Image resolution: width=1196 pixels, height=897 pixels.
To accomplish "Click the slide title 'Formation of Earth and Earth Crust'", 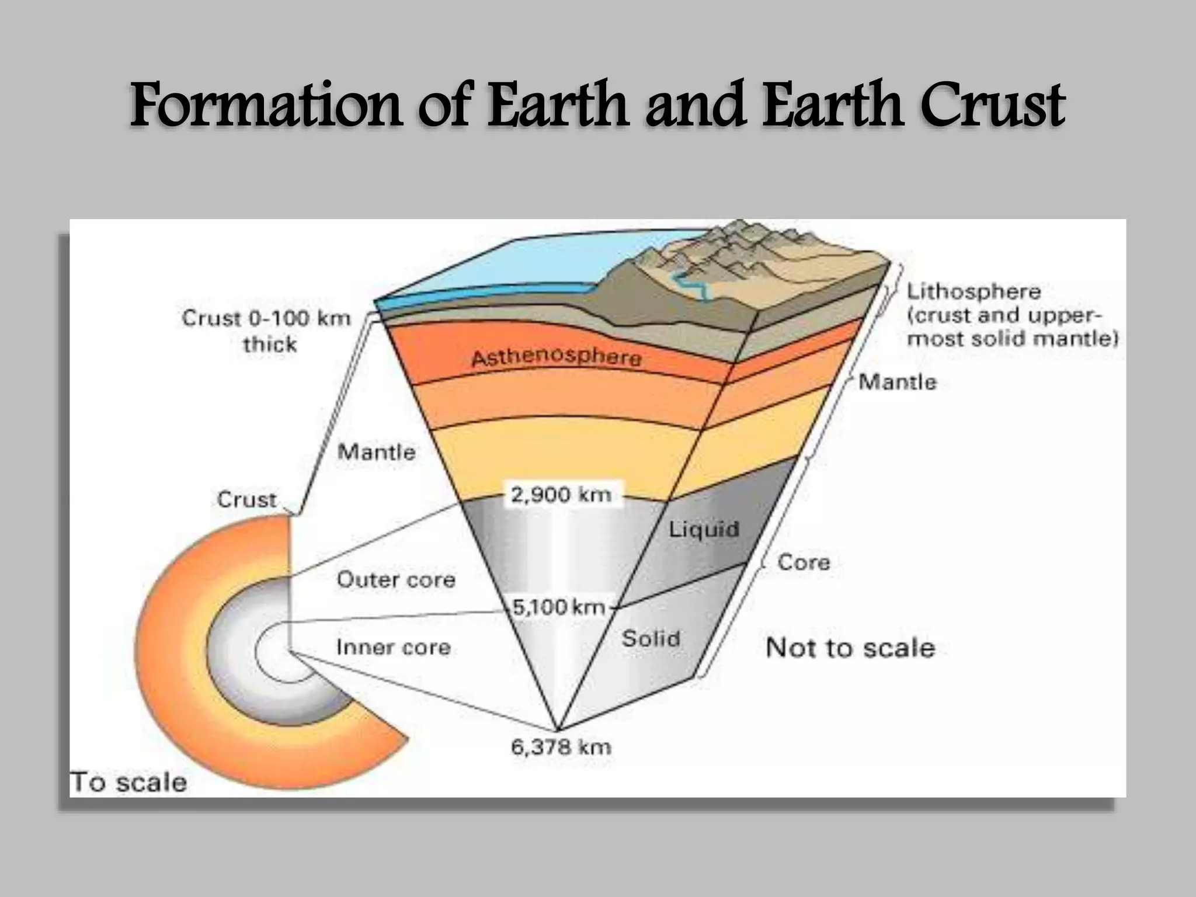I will (597, 106).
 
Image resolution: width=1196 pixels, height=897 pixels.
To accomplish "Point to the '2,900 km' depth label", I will (561, 495).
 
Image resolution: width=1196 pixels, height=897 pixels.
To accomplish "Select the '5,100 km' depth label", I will (558, 607).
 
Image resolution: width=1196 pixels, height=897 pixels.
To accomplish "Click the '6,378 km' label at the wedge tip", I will (561, 747).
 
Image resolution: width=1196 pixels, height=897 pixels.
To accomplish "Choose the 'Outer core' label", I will (396, 579).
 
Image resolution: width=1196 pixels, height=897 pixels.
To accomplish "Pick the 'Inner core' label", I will (393, 647).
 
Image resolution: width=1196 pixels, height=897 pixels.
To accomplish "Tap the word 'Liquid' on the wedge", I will (704, 529).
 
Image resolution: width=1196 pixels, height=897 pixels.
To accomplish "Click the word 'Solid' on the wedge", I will (651, 638).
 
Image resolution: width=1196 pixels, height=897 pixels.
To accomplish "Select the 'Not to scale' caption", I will (850, 648).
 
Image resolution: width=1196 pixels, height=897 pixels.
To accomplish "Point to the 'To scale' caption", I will (128, 782).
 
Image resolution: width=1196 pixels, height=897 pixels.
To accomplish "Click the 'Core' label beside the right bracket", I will (804, 562).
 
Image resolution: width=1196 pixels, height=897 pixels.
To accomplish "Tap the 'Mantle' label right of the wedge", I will (898, 382).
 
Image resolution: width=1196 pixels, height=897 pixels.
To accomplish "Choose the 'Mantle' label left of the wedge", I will (377, 451).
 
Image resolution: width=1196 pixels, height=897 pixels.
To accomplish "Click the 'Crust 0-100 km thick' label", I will (267, 331).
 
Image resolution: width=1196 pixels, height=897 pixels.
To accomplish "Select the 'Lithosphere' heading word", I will (974, 291).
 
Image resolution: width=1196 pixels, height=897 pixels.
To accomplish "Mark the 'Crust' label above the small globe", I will (246, 499).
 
